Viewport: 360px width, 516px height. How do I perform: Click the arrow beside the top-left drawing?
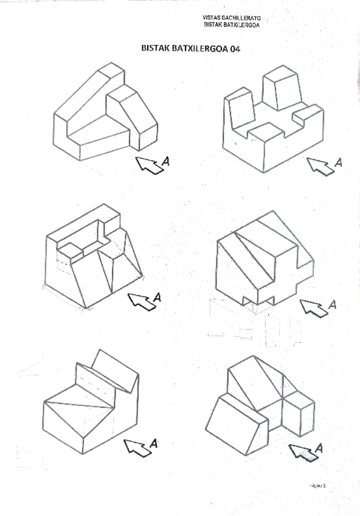pos(148,164)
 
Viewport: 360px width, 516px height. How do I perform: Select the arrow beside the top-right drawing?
pos(320,166)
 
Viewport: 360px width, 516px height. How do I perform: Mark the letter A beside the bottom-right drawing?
pos(319,448)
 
